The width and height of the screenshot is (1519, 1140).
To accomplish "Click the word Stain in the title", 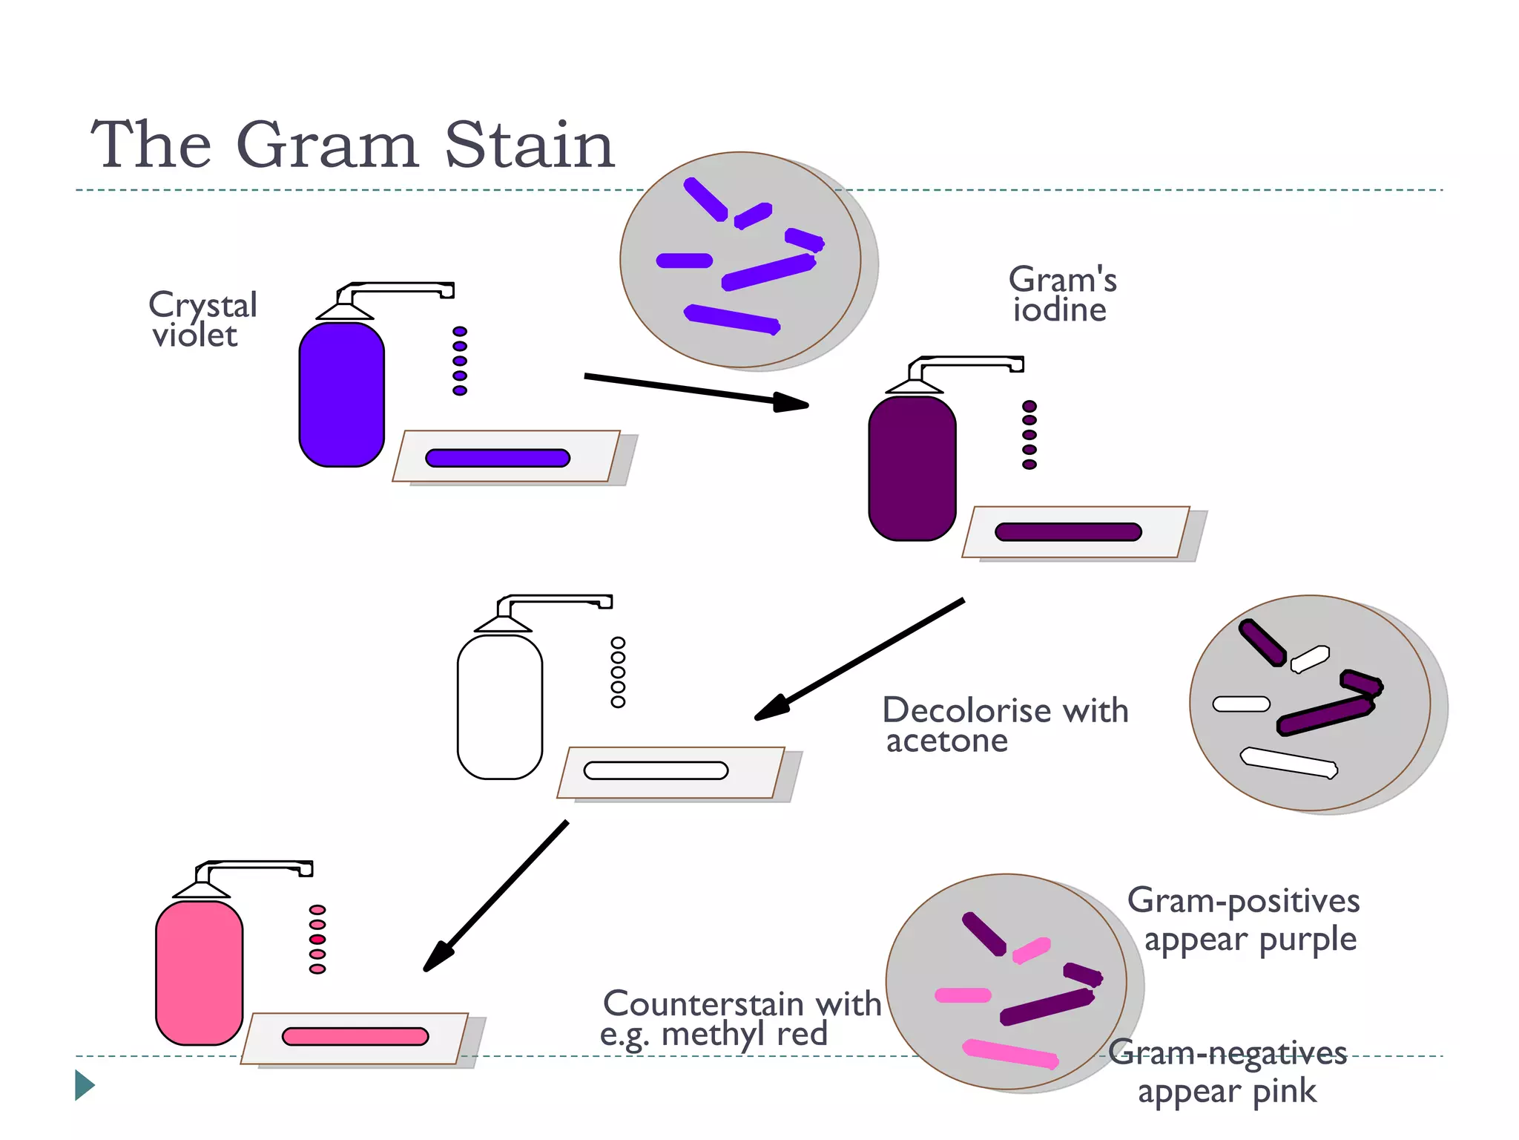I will [529, 145].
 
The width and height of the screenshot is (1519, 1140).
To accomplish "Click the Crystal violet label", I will [202, 319].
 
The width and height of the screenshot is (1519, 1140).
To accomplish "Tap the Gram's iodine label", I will [1061, 295].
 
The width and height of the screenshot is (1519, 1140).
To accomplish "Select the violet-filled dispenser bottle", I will [341, 393].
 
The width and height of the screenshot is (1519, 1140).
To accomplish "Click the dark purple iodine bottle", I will [912, 468].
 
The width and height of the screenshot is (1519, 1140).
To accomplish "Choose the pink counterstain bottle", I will [199, 972].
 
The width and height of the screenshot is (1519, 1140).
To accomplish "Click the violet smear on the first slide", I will [497, 458].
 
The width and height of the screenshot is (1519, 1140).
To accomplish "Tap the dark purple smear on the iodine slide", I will [1067, 532].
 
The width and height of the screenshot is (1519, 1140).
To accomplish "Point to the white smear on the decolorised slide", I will [656, 770].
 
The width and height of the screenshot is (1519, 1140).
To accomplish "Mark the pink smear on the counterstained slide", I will [355, 1036].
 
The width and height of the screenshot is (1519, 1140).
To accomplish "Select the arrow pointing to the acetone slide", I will [860, 658].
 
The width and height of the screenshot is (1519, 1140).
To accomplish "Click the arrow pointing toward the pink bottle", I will [495, 896].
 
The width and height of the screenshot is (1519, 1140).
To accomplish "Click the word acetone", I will [947, 741].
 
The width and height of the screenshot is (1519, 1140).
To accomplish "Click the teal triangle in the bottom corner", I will [84, 1085].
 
